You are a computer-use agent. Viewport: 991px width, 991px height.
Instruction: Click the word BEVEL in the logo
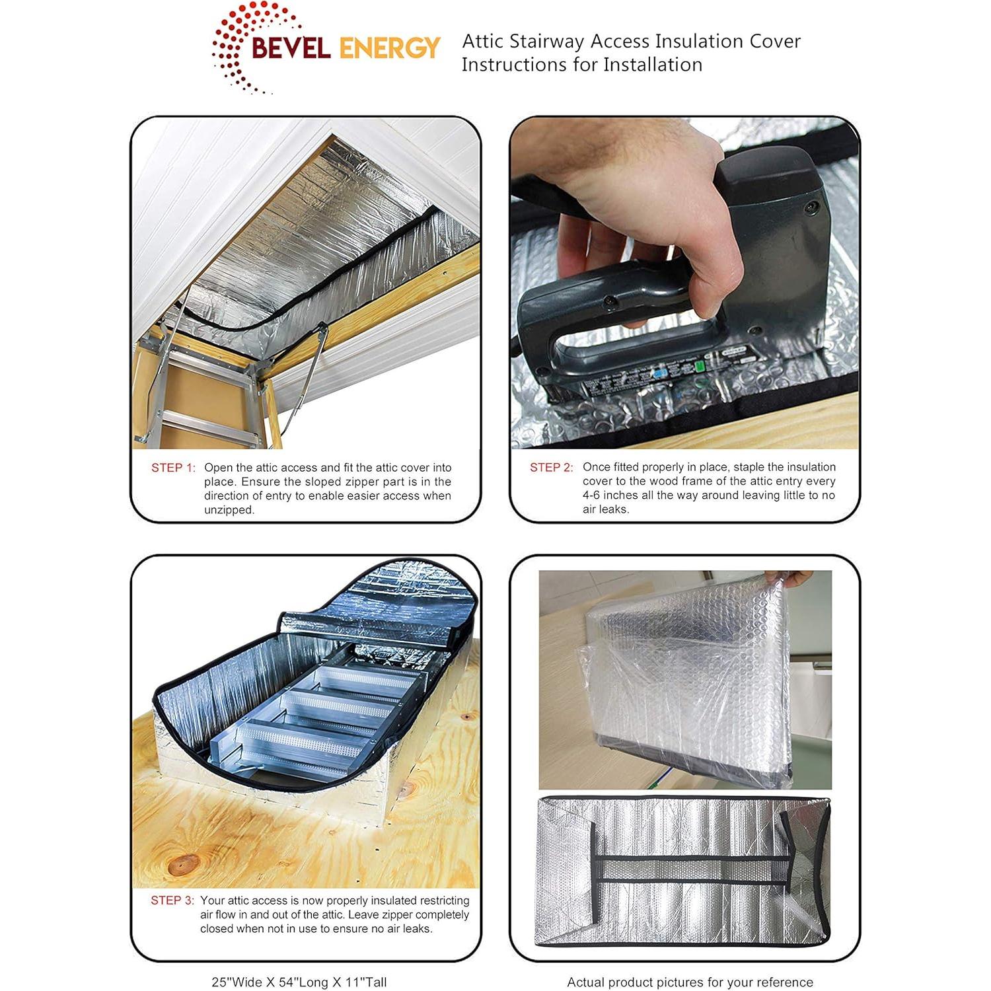[x=291, y=48]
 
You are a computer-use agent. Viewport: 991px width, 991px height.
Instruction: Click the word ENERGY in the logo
[x=389, y=48]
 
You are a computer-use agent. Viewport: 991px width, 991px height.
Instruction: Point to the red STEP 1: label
[x=173, y=468]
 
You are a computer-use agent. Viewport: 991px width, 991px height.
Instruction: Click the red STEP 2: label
[x=552, y=468]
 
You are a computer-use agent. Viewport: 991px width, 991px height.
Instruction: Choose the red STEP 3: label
[x=172, y=900]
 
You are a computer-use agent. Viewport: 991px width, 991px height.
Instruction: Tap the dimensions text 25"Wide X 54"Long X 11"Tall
[x=299, y=982]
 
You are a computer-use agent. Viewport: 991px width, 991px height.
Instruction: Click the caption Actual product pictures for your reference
[x=690, y=982]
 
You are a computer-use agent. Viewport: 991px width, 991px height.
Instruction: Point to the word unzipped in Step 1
[x=229, y=510]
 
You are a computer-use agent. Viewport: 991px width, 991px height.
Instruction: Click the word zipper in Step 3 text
[x=416, y=915]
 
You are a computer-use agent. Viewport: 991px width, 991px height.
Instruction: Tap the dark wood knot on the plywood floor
[x=184, y=862]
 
